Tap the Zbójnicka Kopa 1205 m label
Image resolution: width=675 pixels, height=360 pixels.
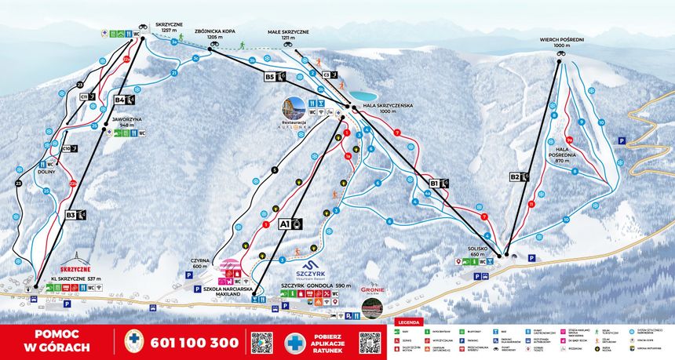222,34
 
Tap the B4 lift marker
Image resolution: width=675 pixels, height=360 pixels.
124,100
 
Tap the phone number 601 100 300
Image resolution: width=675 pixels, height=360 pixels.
192,344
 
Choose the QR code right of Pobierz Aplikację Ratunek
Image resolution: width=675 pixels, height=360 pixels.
370,343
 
